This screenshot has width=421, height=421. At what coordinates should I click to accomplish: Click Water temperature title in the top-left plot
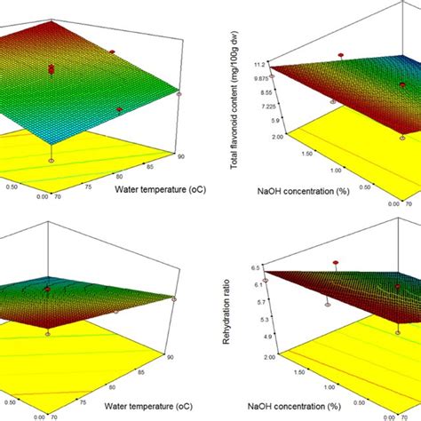click(155, 189)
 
